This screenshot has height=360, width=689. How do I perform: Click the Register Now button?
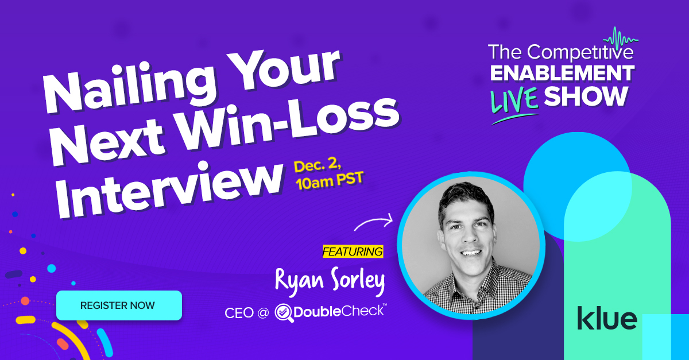click(x=119, y=305)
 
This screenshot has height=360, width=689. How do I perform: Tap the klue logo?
click(x=607, y=318)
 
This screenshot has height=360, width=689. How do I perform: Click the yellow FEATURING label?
click(x=353, y=251)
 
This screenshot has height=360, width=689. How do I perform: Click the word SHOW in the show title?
click(x=586, y=96)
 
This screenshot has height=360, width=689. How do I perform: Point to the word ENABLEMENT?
click(x=562, y=73)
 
